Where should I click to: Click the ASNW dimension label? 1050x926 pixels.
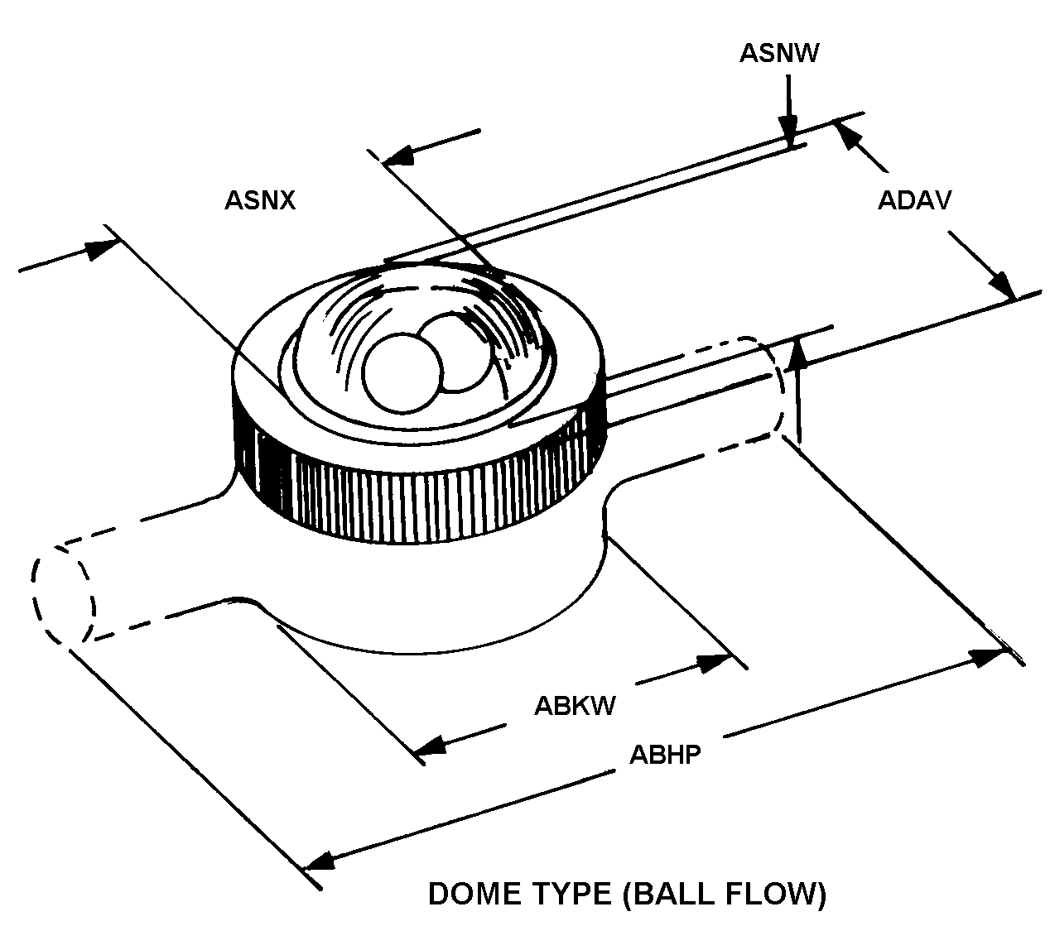tap(779, 53)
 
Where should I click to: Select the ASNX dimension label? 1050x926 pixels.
tap(259, 200)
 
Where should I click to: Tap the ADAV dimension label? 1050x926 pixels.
tap(915, 200)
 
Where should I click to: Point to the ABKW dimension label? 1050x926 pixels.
tap(575, 706)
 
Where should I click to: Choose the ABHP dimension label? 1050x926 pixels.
tap(665, 755)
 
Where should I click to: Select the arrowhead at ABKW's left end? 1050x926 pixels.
tap(431, 744)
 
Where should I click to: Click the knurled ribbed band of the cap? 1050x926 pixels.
tap(414, 497)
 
